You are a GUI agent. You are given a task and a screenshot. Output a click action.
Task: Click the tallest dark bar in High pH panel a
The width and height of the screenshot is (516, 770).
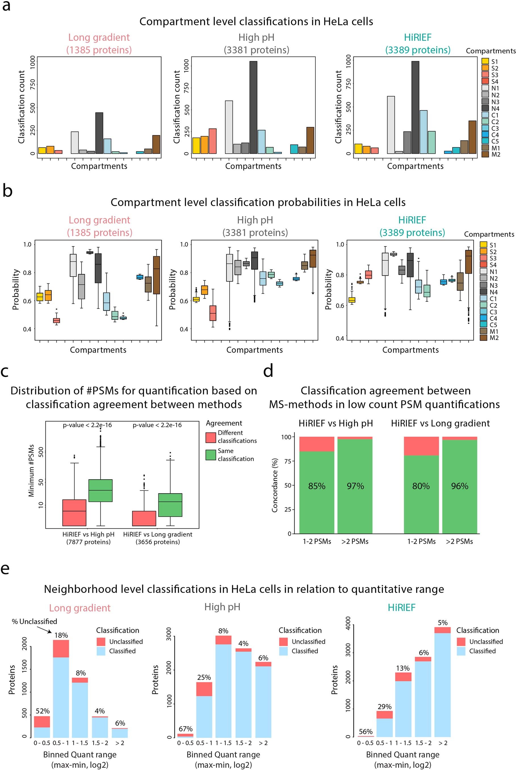pyautogui.click(x=253, y=107)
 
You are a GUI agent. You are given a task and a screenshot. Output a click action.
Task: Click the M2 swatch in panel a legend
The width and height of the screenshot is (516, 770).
pyautogui.click(x=485, y=155)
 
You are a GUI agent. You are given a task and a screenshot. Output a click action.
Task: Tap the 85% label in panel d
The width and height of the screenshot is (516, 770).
pyautogui.click(x=316, y=486)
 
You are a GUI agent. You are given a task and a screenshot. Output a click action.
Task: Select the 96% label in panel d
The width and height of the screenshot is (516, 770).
pyautogui.click(x=460, y=486)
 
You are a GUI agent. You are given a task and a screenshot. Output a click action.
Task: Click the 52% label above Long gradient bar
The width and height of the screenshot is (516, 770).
pyautogui.click(x=43, y=711)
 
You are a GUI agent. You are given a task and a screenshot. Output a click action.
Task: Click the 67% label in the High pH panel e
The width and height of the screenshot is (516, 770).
pyautogui.click(x=186, y=729)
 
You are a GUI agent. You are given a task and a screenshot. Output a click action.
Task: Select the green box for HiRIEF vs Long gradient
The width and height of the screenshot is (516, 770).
pyautogui.click(x=170, y=505)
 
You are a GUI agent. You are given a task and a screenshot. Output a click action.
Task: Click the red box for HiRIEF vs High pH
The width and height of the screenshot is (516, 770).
pyautogui.click(x=74, y=512)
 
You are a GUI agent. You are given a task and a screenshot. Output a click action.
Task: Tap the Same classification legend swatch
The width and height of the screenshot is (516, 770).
pyautogui.click(x=211, y=455)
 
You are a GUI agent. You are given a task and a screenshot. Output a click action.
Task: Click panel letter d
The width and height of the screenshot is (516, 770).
pyautogui.click(x=268, y=371)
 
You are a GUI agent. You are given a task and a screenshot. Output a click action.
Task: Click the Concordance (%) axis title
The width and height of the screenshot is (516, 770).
pyautogui.click(x=275, y=485)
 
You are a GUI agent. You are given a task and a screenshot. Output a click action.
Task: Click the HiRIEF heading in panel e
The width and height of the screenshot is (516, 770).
pyautogui.click(x=402, y=607)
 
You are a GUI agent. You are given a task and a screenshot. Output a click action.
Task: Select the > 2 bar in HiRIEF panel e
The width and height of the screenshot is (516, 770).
pyautogui.click(x=442, y=685)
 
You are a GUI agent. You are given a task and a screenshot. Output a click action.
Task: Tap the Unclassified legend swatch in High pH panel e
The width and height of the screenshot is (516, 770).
pyautogui.click(x=283, y=642)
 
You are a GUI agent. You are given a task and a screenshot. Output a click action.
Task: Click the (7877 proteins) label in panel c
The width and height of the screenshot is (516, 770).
pyautogui.click(x=89, y=542)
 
